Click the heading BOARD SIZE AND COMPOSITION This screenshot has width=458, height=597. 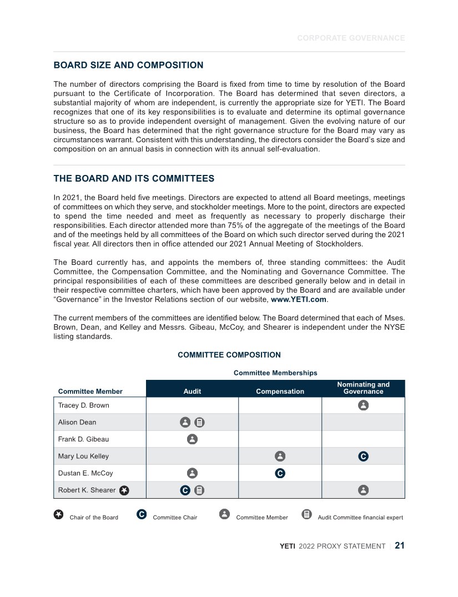point(128,66)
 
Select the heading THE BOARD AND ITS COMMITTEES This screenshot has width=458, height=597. point(134,179)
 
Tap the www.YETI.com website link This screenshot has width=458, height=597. point(299,299)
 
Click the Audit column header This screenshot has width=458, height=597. point(192,392)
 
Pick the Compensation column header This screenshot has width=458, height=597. point(280,392)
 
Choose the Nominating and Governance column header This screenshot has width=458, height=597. point(363,388)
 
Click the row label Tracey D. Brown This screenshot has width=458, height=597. point(84,405)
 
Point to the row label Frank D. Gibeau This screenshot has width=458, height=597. point(84,439)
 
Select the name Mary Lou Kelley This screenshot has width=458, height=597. point(84,456)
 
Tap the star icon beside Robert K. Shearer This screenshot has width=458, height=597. point(124,490)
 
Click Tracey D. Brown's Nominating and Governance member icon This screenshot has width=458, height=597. point(363,405)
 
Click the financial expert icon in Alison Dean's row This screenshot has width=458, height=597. point(200,423)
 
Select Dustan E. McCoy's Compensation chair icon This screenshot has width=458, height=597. point(280,474)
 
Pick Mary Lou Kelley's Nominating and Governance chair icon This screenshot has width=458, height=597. point(363,456)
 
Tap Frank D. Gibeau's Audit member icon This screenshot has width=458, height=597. point(192,439)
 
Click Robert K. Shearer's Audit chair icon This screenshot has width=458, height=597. point(185,490)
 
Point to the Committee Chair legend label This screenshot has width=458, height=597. point(175,518)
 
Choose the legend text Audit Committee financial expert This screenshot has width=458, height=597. point(360,518)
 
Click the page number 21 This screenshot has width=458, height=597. point(400,546)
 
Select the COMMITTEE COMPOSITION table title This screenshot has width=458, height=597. point(229,355)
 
